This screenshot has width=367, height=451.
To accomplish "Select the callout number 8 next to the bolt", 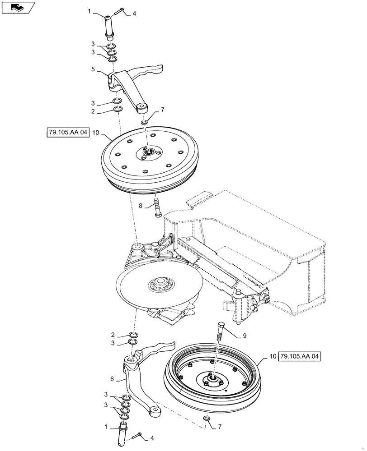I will coord(141,205).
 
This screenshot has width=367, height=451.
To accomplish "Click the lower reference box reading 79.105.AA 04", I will coord(300,356).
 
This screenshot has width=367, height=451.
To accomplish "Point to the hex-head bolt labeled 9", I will coord(221,333).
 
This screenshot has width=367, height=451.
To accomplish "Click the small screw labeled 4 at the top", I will coord(122,11).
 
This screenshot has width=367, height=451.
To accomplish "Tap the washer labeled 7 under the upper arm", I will coord(144,122).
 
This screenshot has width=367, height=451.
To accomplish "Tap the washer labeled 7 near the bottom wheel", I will coord(207,419).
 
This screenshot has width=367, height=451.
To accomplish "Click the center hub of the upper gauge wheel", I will coord(148,153).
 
